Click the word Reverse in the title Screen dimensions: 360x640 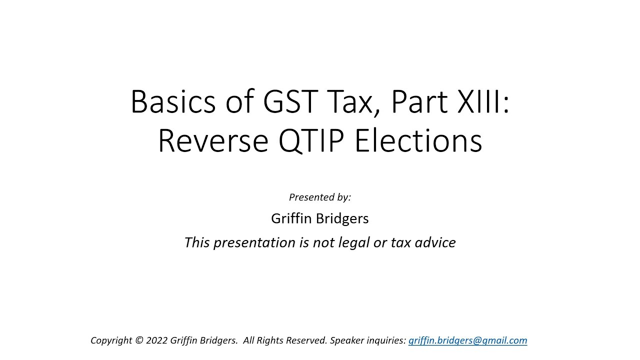coord(212,141)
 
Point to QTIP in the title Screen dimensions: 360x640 coord(312,141)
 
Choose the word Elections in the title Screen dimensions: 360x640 coord(418,141)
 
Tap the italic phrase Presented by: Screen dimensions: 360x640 coord(320,197)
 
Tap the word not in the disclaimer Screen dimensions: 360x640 coord(321,242)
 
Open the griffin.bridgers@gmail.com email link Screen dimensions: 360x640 coord(467,340)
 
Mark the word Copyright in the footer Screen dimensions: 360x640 coord(111,340)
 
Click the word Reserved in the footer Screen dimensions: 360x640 coord(307,340)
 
